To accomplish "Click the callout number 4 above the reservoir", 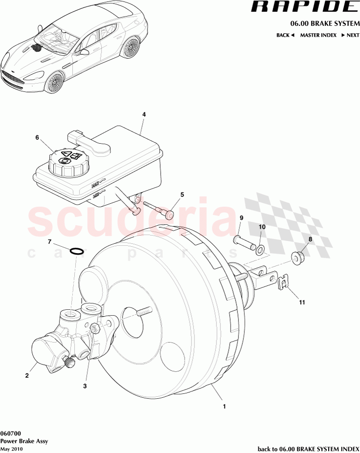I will click(x=144, y=114).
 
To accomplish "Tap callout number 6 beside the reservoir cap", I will click(x=37, y=138).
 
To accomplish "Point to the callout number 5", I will click(x=182, y=194).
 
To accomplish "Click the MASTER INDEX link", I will click(x=318, y=35).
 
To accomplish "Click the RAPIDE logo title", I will click(x=304, y=7).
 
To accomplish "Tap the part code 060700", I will click(x=10, y=433).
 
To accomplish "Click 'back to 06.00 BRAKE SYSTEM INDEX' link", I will click(x=308, y=449).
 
